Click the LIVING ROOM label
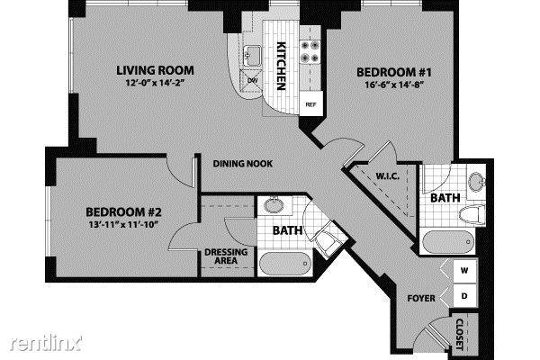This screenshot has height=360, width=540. [155, 70]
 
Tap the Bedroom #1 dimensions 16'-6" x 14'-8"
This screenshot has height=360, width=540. [393, 85]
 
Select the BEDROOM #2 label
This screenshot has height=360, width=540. [123, 211]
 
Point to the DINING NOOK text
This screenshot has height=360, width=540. [243, 164]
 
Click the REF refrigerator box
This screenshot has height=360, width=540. [311, 104]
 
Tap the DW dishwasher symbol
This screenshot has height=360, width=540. [252, 80]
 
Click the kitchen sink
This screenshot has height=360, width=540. [253, 56]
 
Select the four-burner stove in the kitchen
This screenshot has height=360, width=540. [310, 51]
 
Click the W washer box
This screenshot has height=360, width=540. [464, 271]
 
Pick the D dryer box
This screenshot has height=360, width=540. [464, 295]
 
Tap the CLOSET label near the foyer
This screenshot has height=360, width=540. [460, 334]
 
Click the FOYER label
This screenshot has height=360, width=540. [421, 298]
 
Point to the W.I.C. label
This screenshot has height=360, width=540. [387, 176]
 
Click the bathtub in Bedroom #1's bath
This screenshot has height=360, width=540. [448, 242]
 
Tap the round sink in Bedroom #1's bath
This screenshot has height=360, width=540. [477, 180]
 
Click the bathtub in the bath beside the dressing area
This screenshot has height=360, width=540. [284, 264]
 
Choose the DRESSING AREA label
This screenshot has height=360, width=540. [226, 256]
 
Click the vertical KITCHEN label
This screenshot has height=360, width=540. [282, 66]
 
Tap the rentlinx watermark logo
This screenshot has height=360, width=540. [46, 343]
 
